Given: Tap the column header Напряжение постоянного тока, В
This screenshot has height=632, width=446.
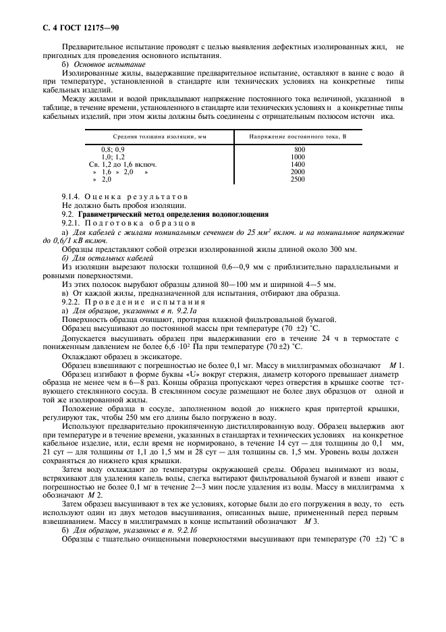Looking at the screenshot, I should click(x=298, y=136).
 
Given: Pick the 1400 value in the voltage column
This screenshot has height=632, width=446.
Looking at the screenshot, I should click(x=298, y=164).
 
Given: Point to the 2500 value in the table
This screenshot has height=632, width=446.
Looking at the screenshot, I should click(x=298, y=180).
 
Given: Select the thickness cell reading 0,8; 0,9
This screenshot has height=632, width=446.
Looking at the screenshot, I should click(x=113, y=149).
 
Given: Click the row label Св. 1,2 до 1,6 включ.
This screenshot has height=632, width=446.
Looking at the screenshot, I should click(x=123, y=164).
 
